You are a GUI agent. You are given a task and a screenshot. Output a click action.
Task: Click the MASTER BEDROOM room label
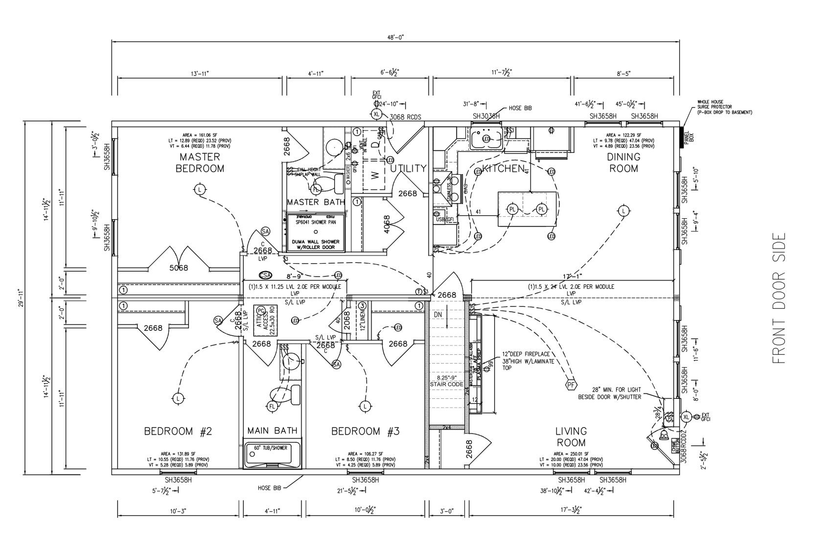(200, 163)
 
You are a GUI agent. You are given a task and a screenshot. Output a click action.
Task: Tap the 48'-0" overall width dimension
(395, 37)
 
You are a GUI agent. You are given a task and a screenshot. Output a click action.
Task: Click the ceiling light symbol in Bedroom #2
(178, 398)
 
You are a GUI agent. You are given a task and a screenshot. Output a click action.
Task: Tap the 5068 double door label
(179, 268)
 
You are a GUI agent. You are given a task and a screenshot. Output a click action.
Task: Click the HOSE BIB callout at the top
(520, 108)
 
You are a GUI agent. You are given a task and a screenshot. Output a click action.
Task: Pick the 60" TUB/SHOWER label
(271, 448)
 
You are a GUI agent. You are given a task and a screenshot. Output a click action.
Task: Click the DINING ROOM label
(623, 162)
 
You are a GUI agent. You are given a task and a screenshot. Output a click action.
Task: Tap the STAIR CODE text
(446, 384)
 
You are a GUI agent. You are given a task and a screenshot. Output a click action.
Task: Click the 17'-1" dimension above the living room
(571, 275)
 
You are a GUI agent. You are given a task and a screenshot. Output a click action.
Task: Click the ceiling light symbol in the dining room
(623, 211)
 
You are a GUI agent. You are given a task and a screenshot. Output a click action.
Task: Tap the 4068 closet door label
(387, 224)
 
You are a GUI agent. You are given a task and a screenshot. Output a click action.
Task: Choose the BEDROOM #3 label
(366, 431)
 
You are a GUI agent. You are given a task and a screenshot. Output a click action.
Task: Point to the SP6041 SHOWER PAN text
(316, 222)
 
